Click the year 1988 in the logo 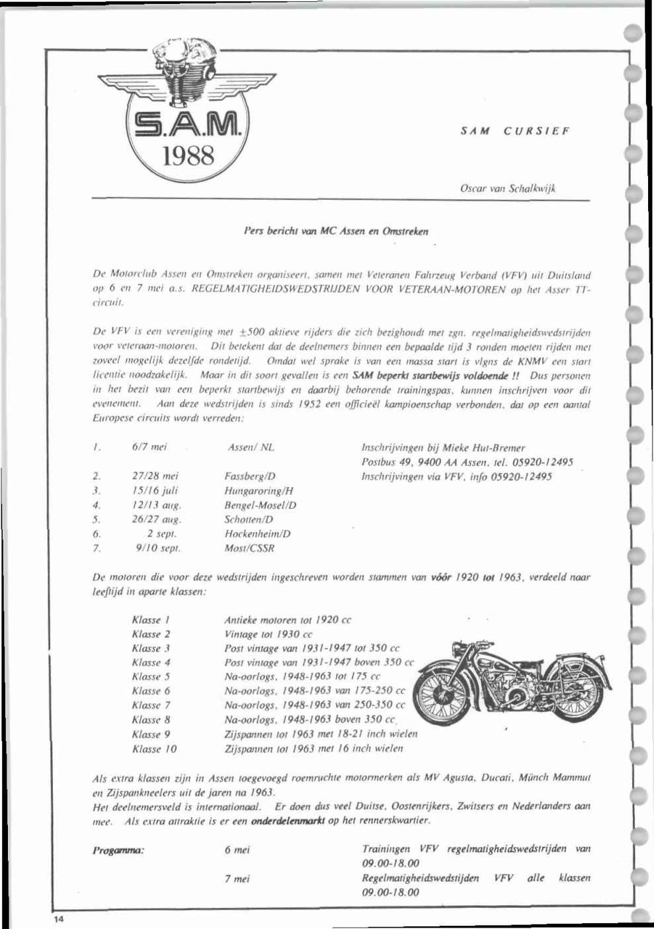(x=190, y=156)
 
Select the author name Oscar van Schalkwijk (x=507, y=188)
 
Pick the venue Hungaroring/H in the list (x=259, y=491)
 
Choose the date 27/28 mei (x=155, y=476)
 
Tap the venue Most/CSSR (x=249, y=548)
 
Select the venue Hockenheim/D (x=257, y=533)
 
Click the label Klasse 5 (x=151, y=676)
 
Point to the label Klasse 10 (x=154, y=749)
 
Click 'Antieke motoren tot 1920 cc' (x=288, y=620)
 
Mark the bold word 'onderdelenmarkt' (x=288, y=821)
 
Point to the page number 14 (x=60, y=920)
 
